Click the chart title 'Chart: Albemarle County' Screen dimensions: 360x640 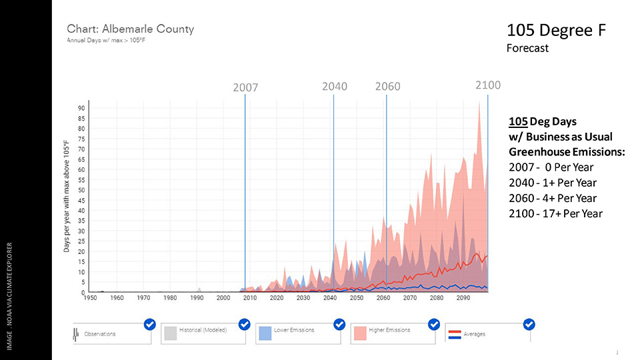(130, 29)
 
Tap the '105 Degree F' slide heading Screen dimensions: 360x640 (555, 31)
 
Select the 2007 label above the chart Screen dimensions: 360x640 (245, 87)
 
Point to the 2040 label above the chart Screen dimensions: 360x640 (335, 87)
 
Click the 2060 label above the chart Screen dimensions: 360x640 (387, 87)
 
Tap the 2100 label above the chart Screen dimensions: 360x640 (488, 85)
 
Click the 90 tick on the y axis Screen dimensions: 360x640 (81, 108)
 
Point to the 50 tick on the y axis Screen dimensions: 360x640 (81, 190)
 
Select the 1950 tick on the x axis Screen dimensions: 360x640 (90, 298)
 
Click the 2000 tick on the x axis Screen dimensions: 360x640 (223, 298)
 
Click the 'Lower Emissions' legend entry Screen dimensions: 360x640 (293, 331)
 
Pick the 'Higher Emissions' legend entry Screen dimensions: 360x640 (389, 331)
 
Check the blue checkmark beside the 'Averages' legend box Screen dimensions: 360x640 (529, 325)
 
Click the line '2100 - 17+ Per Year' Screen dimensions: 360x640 (555, 213)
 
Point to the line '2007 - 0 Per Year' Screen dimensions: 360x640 (551, 167)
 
